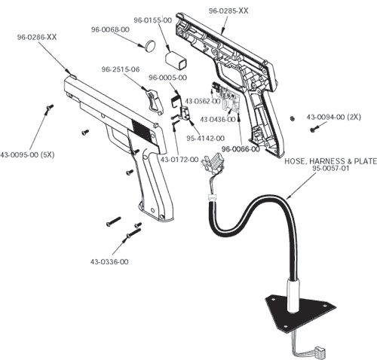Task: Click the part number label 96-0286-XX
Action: (x=37, y=37)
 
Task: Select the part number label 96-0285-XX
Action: (x=228, y=11)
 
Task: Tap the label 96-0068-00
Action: (x=110, y=29)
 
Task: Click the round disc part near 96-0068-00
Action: (x=150, y=46)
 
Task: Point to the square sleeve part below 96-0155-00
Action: (x=176, y=61)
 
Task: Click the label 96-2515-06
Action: (x=121, y=69)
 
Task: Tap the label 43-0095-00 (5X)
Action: (x=27, y=155)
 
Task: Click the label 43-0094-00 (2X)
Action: (x=333, y=117)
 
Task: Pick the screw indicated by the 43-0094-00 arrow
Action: (x=314, y=130)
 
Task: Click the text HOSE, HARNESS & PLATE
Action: (x=330, y=161)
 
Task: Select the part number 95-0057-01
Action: (x=331, y=168)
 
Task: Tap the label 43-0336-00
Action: (x=109, y=262)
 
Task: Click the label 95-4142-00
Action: (x=205, y=139)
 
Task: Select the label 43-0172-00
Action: (x=179, y=160)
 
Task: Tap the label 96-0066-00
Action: (x=241, y=149)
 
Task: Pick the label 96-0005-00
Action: (x=168, y=78)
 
